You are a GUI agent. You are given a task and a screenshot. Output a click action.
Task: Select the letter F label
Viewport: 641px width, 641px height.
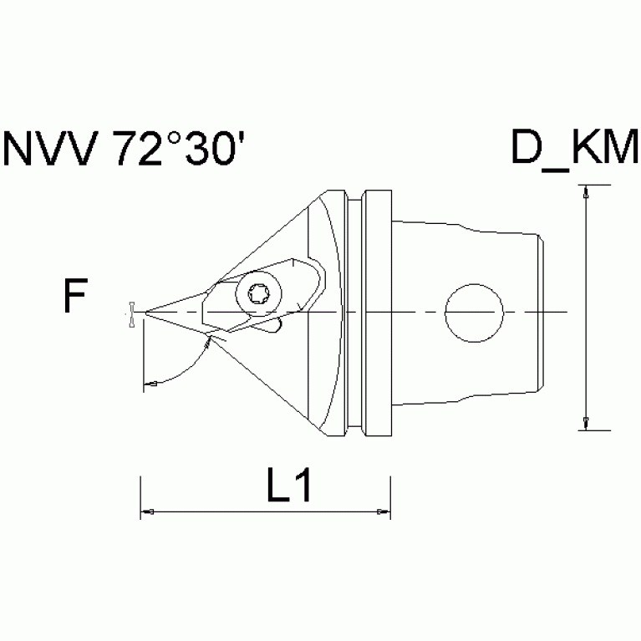(x=76, y=298)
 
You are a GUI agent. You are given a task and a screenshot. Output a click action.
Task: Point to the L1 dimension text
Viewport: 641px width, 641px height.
(x=289, y=487)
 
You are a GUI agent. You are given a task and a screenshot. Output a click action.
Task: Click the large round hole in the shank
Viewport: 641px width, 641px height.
(x=474, y=313)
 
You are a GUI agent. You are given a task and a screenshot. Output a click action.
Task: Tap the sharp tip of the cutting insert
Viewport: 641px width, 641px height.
(x=147, y=313)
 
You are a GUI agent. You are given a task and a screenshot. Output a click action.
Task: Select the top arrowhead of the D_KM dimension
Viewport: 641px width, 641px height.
(x=585, y=191)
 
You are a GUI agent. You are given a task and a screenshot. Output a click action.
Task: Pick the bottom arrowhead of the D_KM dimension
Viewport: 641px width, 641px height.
(x=585, y=423)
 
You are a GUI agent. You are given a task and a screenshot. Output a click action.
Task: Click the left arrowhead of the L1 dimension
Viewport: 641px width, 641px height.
(x=146, y=511)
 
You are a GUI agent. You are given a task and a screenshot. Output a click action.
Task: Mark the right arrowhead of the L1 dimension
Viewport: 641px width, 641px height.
(x=384, y=511)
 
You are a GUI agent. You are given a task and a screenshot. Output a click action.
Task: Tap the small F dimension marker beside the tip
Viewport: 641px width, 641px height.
(x=131, y=313)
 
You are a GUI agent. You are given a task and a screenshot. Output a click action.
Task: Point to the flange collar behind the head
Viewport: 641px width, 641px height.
(x=375, y=313)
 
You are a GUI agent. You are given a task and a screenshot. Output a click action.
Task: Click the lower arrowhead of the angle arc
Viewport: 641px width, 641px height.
(x=150, y=383)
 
